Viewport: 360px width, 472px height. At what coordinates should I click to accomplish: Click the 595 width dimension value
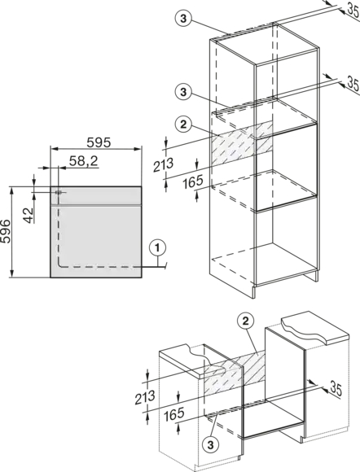click(x=99, y=142)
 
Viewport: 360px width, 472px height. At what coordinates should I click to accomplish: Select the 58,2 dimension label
click(x=84, y=161)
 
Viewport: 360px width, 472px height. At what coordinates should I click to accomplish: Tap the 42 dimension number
click(x=29, y=215)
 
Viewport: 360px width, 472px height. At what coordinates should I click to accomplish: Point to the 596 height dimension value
click(x=6, y=231)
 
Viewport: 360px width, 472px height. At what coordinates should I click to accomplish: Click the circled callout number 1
click(x=157, y=247)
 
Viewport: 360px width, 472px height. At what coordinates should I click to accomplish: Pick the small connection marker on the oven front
click(x=59, y=192)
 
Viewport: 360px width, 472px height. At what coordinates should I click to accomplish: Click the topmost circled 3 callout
click(x=183, y=19)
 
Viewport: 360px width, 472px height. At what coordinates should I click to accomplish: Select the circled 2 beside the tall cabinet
click(x=183, y=125)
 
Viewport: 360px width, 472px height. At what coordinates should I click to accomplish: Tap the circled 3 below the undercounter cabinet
click(x=211, y=444)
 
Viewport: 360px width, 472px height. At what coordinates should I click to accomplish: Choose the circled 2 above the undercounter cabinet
click(x=246, y=321)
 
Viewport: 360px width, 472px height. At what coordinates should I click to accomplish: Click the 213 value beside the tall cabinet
click(x=163, y=164)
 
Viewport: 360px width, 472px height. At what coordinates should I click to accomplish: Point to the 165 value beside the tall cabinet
click(x=193, y=181)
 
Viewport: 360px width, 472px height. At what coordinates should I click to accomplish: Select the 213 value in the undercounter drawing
click(x=145, y=397)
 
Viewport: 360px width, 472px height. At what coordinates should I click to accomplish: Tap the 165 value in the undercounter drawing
click(x=173, y=414)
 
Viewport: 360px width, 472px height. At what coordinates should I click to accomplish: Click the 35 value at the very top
click(x=353, y=9)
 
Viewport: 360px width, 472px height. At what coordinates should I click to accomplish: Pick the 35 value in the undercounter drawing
click(x=336, y=388)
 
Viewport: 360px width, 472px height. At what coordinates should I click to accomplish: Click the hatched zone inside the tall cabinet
click(x=242, y=142)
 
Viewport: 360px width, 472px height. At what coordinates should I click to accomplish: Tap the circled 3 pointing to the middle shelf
click(x=183, y=91)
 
